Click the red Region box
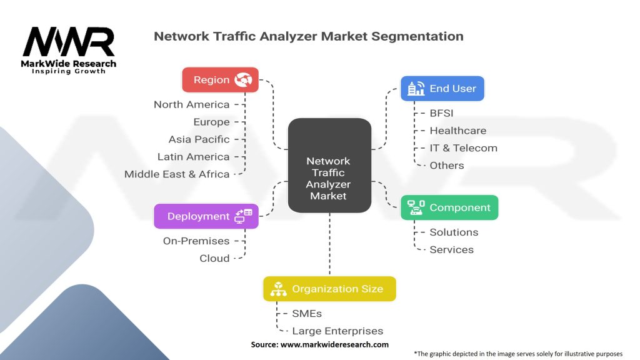(x=220, y=79)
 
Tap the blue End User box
(x=442, y=89)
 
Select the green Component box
(x=449, y=207)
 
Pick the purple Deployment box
(x=206, y=216)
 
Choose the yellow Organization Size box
(x=329, y=289)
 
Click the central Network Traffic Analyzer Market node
(x=329, y=165)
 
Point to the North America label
(x=191, y=104)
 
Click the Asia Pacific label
(x=199, y=139)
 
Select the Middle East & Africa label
(x=177, y=174)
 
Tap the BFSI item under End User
(x=441, y=113)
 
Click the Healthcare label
(x=458, y=131)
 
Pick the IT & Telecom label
(x=463, y=148)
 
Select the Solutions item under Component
(x=454, y=232)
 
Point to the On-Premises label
(x=196, y=241)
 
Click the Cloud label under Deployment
(x=214, y=258)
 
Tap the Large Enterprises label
(x=337, y=331)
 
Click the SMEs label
(x=307, y=314)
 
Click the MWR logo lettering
(x=69, y=42)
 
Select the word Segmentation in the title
(x=417, y=36)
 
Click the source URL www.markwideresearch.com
(x=334, y=344)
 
